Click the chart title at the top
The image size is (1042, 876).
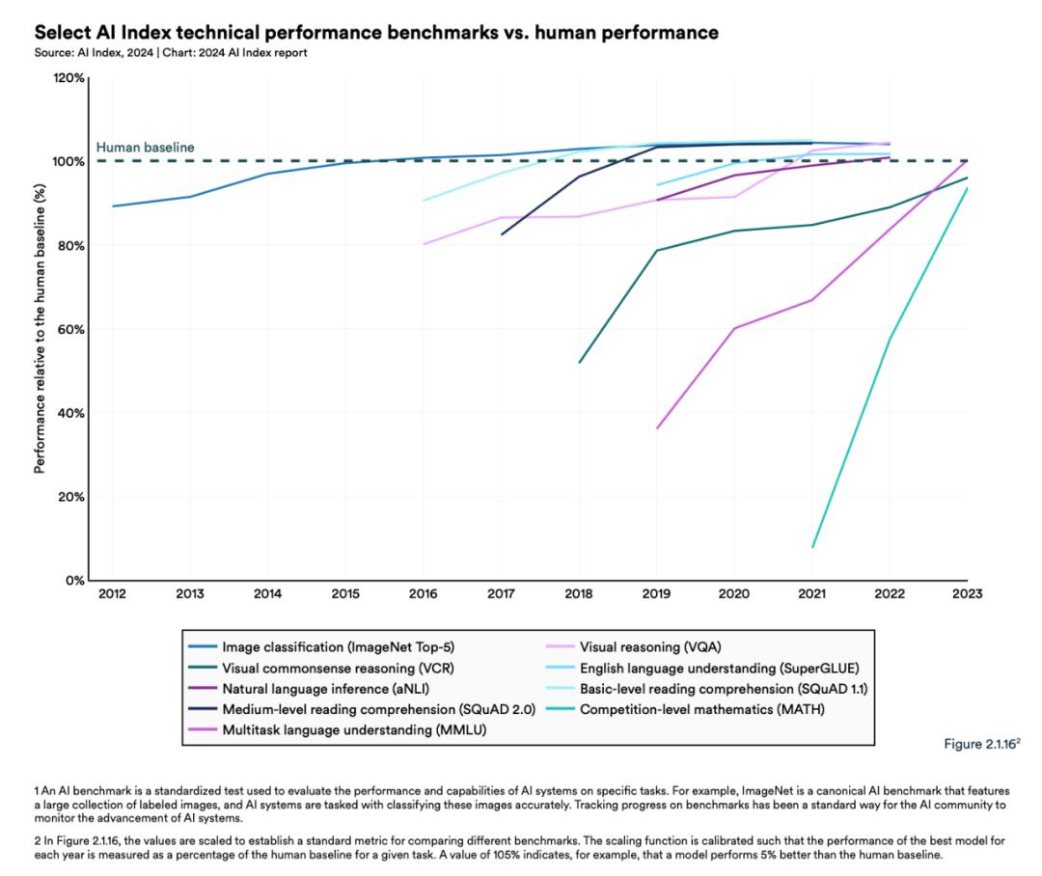[x=375, y=33]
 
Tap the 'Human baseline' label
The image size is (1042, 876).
[x=145, y=148]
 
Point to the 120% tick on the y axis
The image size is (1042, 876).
[x=69, y=77]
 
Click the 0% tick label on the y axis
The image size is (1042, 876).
[x=75, y=581]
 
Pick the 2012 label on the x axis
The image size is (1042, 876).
[x=112, y=594]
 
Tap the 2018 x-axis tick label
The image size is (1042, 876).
[x=579, y=594]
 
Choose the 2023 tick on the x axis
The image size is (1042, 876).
[x=967, y=594]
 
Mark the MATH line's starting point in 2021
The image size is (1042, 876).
[x=812, y=547]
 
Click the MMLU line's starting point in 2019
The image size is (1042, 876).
[x=657, y=427]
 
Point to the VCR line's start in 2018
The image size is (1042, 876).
[x=579, y=363]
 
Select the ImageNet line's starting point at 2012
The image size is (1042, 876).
[x=112, y=205]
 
